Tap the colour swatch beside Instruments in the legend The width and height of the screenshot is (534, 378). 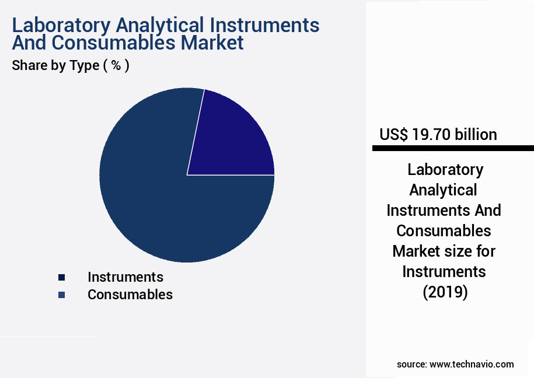pos(61,277)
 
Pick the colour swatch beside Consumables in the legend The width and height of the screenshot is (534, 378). pos(61,295)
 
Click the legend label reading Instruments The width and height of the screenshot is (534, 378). pos(125,276)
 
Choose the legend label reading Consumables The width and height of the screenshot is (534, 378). pos(130,295)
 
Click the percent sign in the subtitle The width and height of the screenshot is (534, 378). pos(116,65)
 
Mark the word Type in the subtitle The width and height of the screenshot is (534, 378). pos(84,66)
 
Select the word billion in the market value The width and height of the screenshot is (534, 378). pos(475,135)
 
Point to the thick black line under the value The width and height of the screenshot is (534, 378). pos(453,149)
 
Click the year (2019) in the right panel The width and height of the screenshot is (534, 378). pos(445,292)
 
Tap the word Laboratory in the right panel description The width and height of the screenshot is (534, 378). pos(445,170)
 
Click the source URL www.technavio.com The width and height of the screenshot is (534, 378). pos(472,364)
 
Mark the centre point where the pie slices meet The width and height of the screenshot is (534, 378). pos(187,174)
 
